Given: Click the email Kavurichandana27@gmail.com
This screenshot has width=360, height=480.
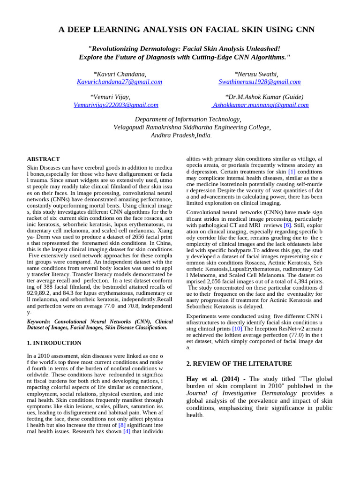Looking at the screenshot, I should pos(119,82).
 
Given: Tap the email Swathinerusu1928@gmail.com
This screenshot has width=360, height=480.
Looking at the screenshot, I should pos(259,82).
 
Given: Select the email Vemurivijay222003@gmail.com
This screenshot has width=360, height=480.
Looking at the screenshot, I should pos(116,105).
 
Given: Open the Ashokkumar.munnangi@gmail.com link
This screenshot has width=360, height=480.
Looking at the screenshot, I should pos(261,105).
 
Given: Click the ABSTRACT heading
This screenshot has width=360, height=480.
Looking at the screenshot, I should pos(43,159).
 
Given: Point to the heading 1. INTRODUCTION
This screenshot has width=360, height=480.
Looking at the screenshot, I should pos(54,343).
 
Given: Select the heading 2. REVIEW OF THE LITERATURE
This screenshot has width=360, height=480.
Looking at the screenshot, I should pos(239,364).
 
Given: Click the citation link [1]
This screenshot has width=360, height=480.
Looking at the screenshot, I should pos(292,172).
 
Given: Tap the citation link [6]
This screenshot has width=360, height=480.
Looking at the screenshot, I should pos(287,225).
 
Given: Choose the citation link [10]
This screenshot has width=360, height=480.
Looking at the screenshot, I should pos(237,329).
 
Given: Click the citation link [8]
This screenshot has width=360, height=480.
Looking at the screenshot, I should pos(121,425).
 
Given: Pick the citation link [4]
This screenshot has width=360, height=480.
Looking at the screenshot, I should pos(127,432).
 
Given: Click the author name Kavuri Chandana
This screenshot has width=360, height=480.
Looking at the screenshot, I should pos(120,74).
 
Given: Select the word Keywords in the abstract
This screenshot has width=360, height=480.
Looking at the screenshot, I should pos(39,322).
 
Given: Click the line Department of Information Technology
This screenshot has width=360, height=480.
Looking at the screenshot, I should pos(188,120).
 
